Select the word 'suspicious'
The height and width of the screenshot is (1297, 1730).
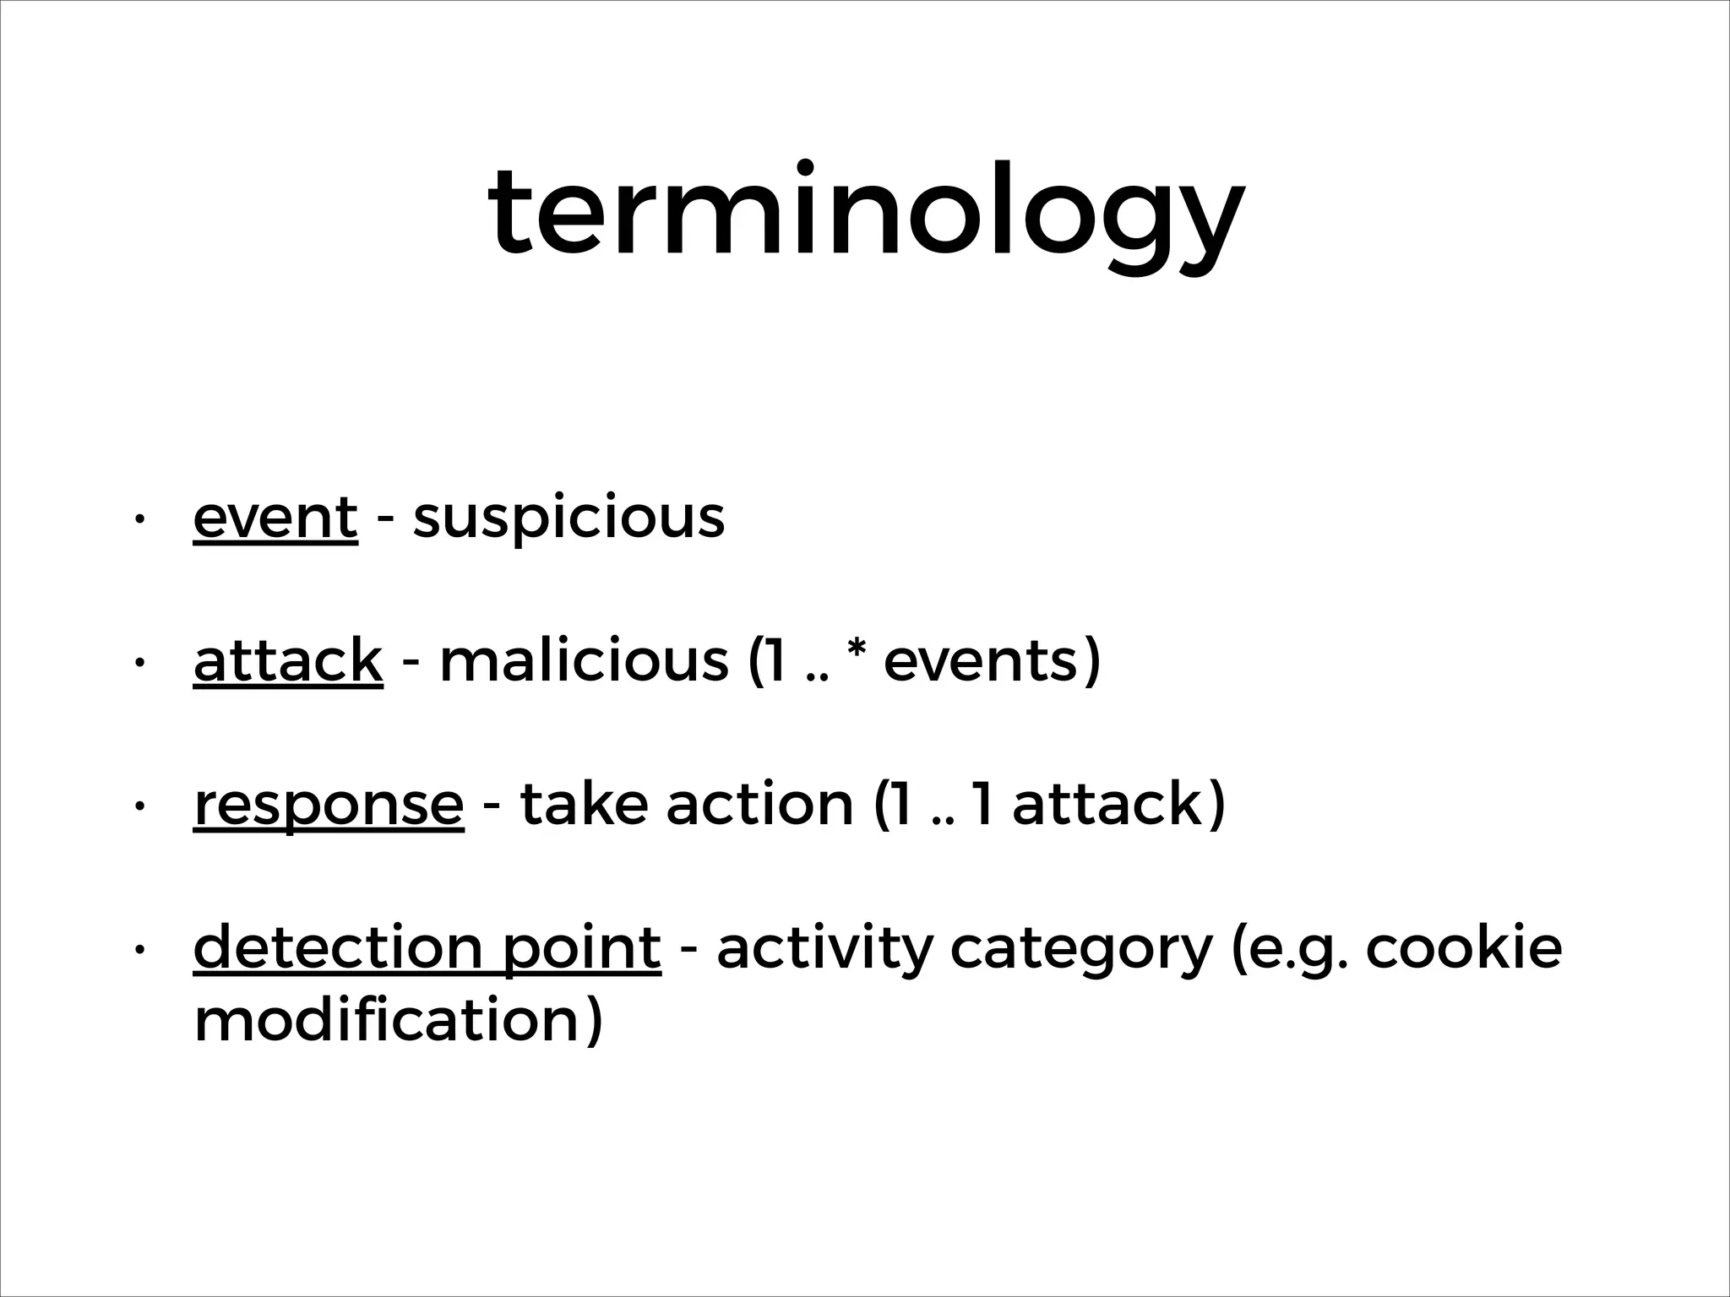tap(569, 519)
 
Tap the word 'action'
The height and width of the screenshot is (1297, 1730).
tap(760, 804)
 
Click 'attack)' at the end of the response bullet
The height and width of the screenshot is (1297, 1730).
tap(1118, 804)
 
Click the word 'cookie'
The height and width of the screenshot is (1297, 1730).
tap(1463, 947)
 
